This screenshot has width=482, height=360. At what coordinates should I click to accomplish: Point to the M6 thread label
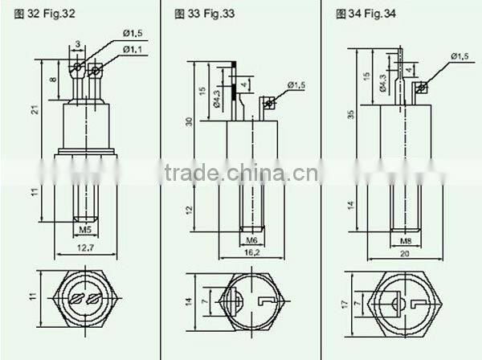pos(252,239)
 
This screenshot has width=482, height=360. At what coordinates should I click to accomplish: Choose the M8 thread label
pos(406,239)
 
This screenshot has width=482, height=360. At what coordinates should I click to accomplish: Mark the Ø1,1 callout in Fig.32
pos(133,50)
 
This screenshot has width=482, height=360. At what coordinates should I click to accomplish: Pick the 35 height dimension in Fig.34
pos(350,115)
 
